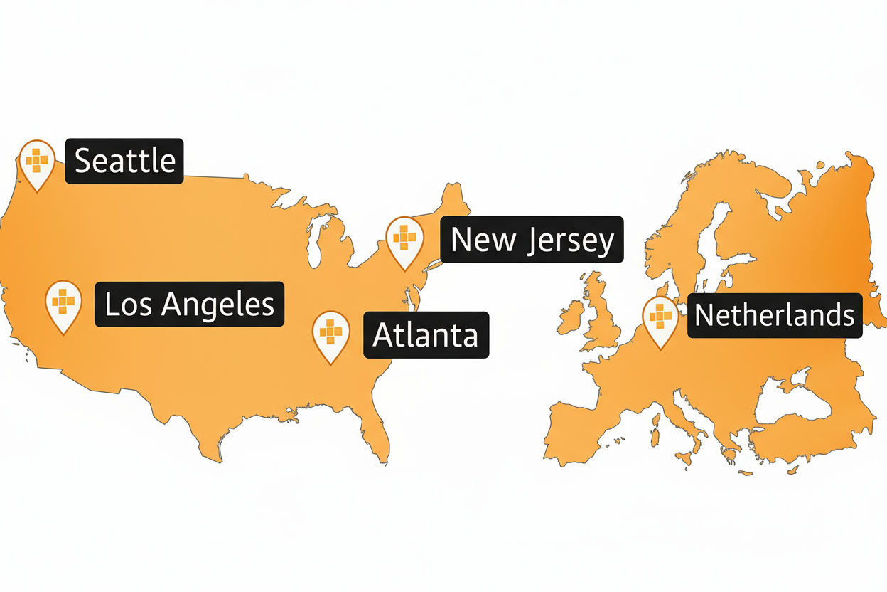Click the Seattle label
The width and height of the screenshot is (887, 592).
(x=124, y=161)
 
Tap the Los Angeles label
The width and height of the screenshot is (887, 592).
(x=189, y=305)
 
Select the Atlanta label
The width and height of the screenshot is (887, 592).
(x=426, y=334)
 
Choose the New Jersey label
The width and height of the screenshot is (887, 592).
(x=532, y=240)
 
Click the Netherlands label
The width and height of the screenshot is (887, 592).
(x=775, y=314)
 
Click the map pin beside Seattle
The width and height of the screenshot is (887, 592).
(x=37, y=162)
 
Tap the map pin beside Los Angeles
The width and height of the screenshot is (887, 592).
(x=63, y=304)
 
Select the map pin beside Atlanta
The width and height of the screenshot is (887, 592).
(x=331, y=333)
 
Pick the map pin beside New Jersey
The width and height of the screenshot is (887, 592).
(x=404, y=239)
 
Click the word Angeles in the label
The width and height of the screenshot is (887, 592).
(x=217, y=305)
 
